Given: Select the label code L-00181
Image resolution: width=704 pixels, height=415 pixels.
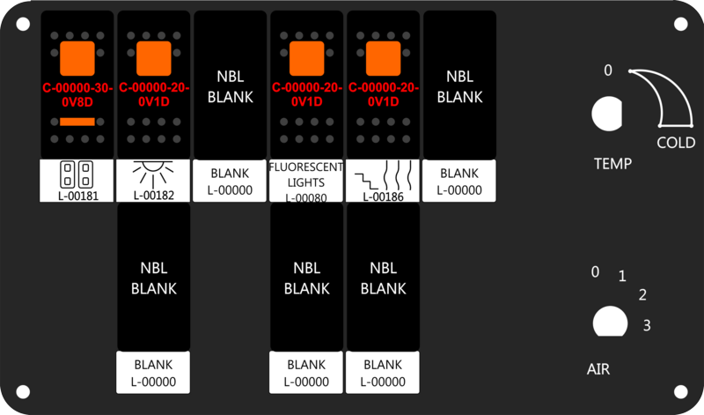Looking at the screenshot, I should click(77, 194).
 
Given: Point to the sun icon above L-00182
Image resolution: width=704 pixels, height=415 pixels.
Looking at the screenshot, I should click(153, 170).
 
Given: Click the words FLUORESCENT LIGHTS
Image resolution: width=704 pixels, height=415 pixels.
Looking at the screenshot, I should click(306, 174).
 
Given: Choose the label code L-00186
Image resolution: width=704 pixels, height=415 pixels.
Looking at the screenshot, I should click(383, 196).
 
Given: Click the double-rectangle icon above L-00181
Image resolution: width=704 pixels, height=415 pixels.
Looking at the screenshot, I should click(77, 171).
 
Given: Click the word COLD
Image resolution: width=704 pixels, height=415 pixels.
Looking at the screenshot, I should click(676, 143).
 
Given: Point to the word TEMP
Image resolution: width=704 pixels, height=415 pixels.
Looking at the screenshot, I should click(612, 164).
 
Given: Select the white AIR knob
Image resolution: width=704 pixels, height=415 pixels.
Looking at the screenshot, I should click(606, 322).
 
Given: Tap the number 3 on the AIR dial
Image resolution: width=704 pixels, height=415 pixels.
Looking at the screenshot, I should click(647, 326).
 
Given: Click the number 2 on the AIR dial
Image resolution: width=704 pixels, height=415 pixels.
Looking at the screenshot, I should click(642, 295).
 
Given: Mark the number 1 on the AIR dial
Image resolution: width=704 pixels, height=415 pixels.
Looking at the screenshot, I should click(622, 277).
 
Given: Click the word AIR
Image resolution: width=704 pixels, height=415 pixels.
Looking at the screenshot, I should click(598, 369).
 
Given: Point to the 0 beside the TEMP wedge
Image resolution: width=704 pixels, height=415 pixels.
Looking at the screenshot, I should click(608, 70).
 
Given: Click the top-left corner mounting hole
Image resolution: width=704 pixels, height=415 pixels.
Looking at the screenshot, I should click(23, 24).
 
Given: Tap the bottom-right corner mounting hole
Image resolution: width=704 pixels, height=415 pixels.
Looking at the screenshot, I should click(681, 391).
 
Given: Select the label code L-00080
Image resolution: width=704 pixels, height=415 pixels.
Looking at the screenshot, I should click(306, 198).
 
